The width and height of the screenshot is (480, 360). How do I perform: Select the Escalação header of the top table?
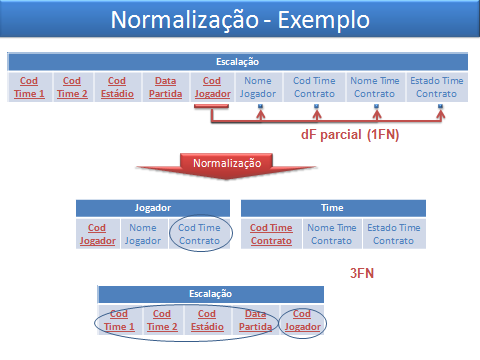tap(237, 60)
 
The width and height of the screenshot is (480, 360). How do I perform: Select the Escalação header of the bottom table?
tap(210, 294)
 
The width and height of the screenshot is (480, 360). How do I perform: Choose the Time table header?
tap(333, 208)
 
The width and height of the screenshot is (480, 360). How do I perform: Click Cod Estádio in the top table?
tap(117, 87)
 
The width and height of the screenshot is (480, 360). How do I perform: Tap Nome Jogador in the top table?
tap(258, 87)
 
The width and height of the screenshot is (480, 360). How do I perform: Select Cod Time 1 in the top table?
tap(29, 87)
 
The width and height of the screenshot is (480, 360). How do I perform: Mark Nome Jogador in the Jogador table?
tap(143, 234)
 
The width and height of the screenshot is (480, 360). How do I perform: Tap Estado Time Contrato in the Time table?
tap(392, 234)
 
